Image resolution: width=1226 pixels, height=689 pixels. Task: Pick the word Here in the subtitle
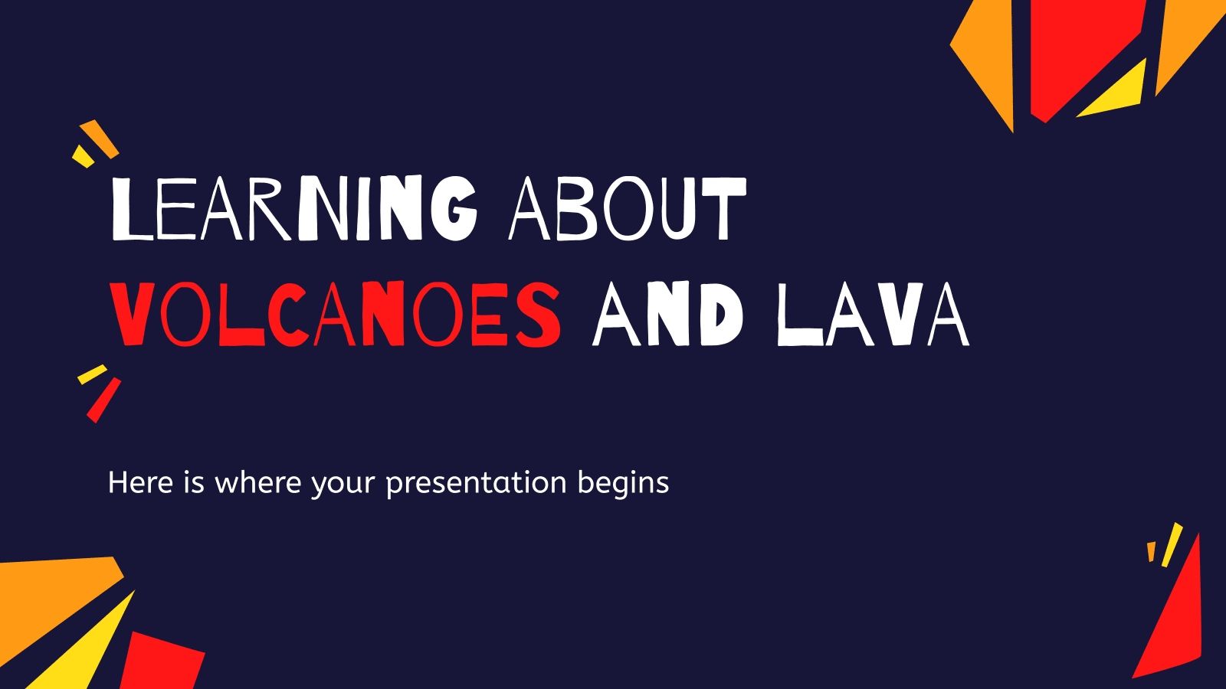(135, 483)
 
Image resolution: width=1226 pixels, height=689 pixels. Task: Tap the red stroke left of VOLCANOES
(103, 400)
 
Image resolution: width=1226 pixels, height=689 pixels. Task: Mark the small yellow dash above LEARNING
(83, 155)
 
